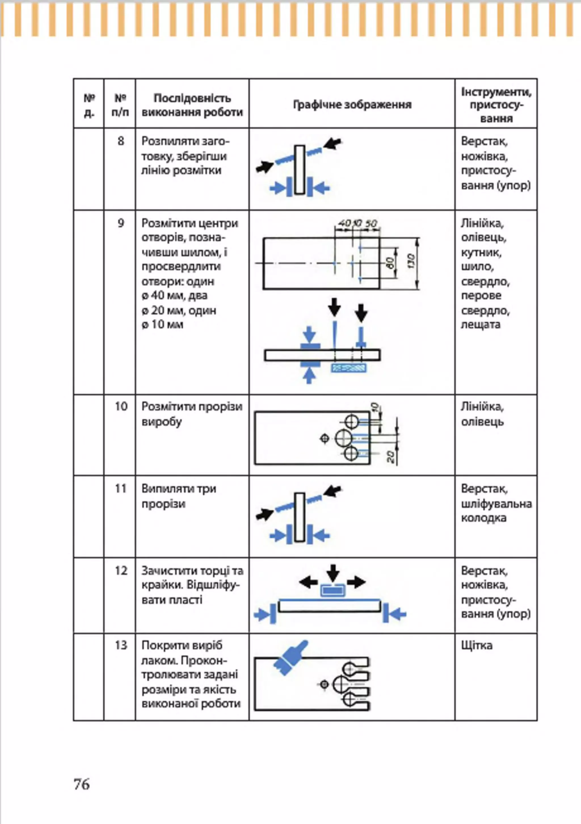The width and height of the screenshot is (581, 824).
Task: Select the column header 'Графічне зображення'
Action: pos(352,105)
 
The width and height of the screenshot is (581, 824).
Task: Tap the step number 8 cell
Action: pos(121,141)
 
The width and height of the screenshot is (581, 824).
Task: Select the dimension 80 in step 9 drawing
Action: pos(391,263)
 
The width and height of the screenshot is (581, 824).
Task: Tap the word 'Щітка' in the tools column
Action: pos(477,646)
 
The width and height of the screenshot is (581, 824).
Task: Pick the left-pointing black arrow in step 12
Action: pos(308,582)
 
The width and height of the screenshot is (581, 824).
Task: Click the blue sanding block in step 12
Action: pos(333,590)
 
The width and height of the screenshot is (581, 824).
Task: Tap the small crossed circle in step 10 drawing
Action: pos(325,438)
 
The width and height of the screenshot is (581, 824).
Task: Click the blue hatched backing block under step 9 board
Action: pos(348,368)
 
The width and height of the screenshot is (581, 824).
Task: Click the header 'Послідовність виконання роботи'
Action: pos(192,105)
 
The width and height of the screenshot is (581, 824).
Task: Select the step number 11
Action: pos(121,488)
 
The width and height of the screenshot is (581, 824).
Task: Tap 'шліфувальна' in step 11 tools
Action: pos(496,504)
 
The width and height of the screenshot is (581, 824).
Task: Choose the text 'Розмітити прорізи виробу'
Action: pos(192,414)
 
